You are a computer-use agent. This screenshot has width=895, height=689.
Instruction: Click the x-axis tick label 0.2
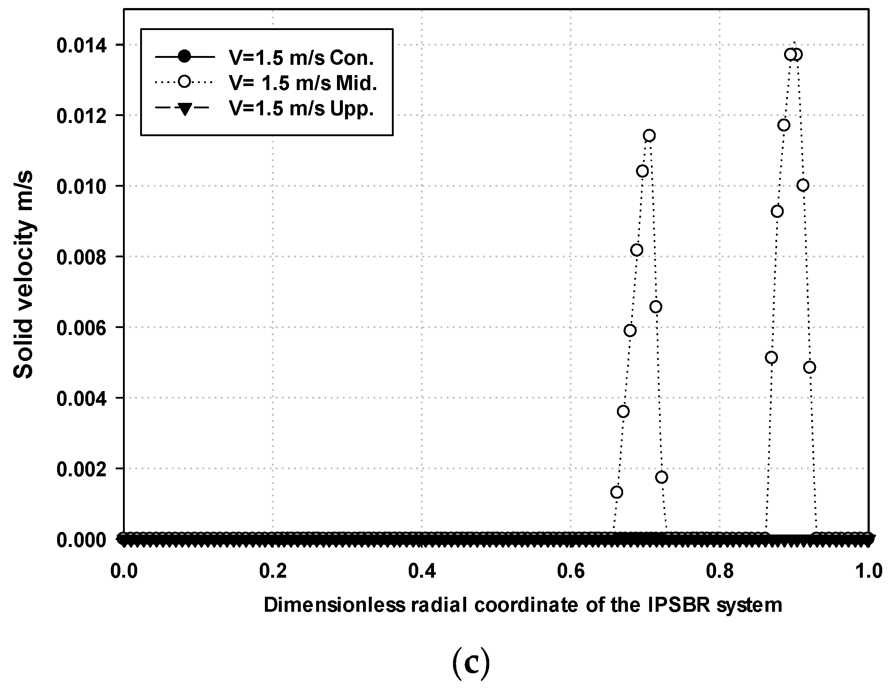(273, 571)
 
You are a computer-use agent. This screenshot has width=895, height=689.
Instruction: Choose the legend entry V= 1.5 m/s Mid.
(303, 83)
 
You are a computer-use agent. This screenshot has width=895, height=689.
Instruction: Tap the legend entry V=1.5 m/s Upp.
(301, 109)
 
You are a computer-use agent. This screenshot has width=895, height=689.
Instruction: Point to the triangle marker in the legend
(185, 109)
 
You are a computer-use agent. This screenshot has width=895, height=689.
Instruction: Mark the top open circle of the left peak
(649, 135)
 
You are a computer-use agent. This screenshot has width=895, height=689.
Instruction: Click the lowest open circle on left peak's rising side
(617, 492)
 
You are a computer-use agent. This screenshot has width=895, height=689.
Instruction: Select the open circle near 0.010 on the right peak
(803, 185)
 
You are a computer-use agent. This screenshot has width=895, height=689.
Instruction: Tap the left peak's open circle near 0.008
(636, 250)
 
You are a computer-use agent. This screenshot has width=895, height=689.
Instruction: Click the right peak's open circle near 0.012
(784, 125)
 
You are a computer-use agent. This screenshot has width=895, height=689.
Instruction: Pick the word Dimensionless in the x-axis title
(334, 605)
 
